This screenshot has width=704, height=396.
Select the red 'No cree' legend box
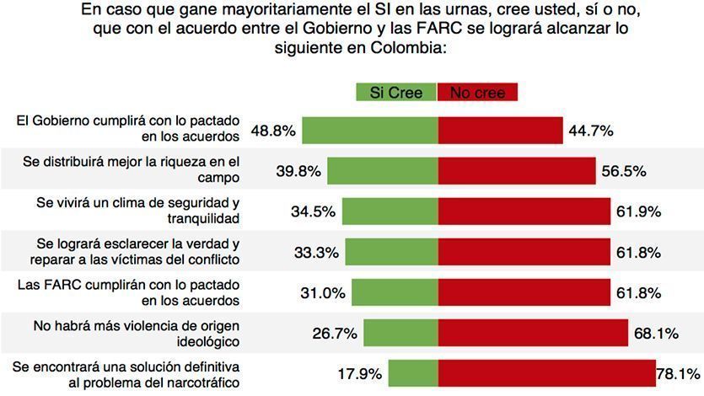click(477, 93)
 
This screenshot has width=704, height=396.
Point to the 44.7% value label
click(590, 131)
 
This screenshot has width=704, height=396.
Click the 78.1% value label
click(680, 373)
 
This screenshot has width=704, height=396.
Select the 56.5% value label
click(624, 171)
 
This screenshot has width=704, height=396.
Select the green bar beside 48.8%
click(370, 131)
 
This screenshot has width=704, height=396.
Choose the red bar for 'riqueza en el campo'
click(516, 171)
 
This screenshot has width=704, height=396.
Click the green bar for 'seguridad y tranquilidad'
click(390, 211)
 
